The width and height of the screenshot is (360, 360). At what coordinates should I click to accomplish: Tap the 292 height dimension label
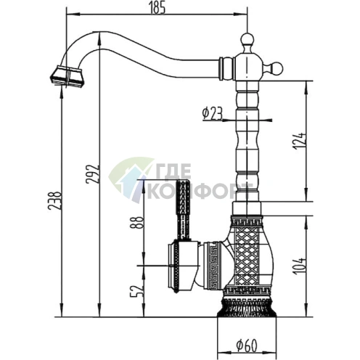tap(93, 174)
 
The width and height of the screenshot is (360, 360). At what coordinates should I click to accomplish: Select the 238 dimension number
tap(54, 200)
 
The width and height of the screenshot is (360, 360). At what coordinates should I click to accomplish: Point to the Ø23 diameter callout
tap(212, 113)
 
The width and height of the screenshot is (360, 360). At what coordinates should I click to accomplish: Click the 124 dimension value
tap(300, 141)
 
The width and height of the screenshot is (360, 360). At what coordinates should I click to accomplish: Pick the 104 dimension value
tap(299, 266)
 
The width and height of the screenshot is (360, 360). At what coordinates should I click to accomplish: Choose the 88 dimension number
tap(137, 223)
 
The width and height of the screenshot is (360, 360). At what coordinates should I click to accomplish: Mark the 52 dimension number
tap(137, 291)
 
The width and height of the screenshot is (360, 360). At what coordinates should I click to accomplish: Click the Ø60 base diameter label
tap(247, 346)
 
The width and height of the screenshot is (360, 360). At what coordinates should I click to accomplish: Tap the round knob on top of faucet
tap(247, 40)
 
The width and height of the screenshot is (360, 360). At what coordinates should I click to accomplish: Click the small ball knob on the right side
tap(276, 69)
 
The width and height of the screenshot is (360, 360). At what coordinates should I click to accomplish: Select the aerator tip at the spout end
tap(67, 75)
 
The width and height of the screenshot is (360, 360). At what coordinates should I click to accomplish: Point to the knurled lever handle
tap(183, 210)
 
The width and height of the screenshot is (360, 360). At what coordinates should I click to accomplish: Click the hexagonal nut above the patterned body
tap(247, 208)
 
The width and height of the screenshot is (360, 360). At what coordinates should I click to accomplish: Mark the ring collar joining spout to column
tap(226, 68)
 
